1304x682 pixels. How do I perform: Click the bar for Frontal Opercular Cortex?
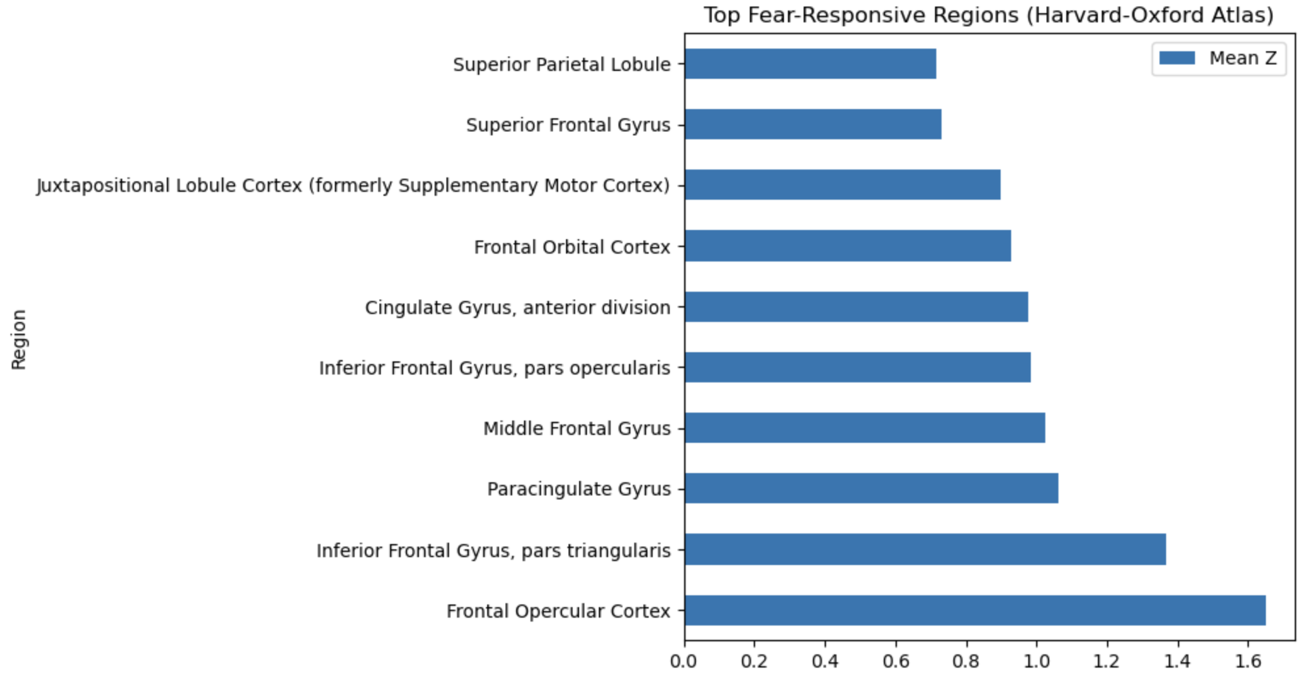[x=975, y=610]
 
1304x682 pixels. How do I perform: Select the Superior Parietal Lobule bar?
[x=810, y=64]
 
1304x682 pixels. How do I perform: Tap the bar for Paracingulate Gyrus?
[x=871, y=488]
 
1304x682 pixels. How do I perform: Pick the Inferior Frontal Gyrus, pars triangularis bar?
[x=925, y=549]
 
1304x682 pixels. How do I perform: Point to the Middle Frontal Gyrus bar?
[x=865, y=428]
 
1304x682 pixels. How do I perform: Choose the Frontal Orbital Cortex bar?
[x=848, y=246]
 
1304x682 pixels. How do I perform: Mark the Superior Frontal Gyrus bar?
[x=813, y=124]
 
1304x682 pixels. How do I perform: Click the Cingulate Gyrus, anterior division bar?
[x=856, y=307]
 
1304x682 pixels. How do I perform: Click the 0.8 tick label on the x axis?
[x=966, y=661]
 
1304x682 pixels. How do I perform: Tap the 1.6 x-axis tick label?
[x=1248, y=661]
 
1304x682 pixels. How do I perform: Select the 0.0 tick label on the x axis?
[x=684, y=661]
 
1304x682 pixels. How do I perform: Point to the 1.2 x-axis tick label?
[x=1107, y=661]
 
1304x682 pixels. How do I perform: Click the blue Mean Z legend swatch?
[x=1177, y=58]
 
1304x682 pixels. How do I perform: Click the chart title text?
[x=989, y=15]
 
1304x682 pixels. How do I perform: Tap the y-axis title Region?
[x=18, y=340]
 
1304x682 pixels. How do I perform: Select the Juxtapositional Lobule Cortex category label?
[x=353, y=185]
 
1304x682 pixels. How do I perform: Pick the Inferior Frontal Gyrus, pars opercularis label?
[x=494, y=368]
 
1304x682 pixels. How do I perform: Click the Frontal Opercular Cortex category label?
[x=558, y=611]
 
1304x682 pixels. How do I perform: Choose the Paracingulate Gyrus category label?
[x=578, y=489]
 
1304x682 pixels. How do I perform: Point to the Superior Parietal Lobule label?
[x=561, y=64]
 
